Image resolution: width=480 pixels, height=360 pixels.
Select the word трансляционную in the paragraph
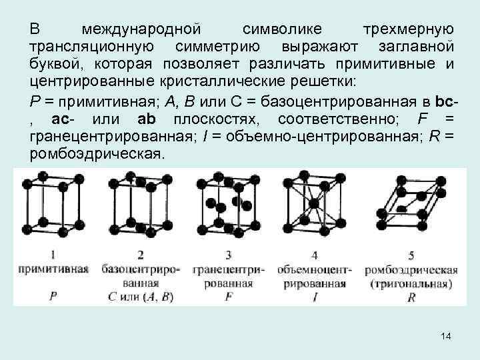[92, 47]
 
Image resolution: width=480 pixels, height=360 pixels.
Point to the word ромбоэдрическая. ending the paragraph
[96, 154]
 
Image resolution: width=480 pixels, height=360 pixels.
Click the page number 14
[446, 337]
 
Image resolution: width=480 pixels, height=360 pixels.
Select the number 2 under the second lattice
[141, 255]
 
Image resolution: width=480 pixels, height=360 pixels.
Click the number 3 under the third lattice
[229, 255]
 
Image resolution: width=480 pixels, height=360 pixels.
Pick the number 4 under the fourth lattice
[315, 255]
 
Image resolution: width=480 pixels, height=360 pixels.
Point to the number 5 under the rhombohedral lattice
[412, 255]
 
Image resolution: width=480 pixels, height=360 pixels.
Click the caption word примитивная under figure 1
[54, 270]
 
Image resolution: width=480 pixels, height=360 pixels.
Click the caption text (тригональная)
[411, 283]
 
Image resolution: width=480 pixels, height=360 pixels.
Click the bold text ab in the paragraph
[146, 119]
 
